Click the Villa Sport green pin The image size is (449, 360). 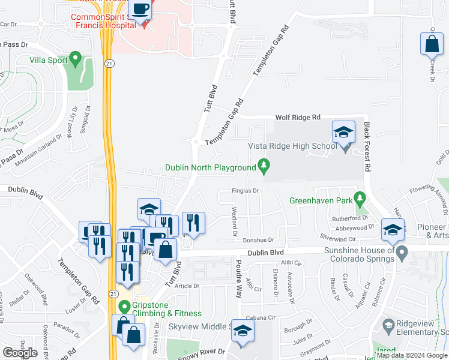pos(75,58)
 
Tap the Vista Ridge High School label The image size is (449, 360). pos(292,146)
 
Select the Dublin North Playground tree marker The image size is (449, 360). pos(262,164)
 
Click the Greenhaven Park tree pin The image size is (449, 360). pos(360,197)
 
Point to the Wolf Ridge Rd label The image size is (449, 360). pos(298,118)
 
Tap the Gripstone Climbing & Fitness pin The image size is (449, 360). pos(124,307)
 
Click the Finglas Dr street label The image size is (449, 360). pos(245,191)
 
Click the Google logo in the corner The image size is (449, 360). pos(20,353)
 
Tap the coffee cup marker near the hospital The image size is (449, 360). pos(141,10)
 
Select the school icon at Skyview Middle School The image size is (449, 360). pos(243,331)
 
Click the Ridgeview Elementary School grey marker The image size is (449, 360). pos(388,327)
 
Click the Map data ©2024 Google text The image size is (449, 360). pos(411,356)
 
